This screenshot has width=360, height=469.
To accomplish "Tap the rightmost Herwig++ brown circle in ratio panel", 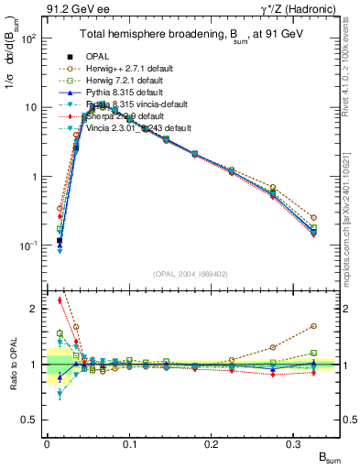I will [314, 326].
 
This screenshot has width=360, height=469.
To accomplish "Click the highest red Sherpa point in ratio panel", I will [60, 300].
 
